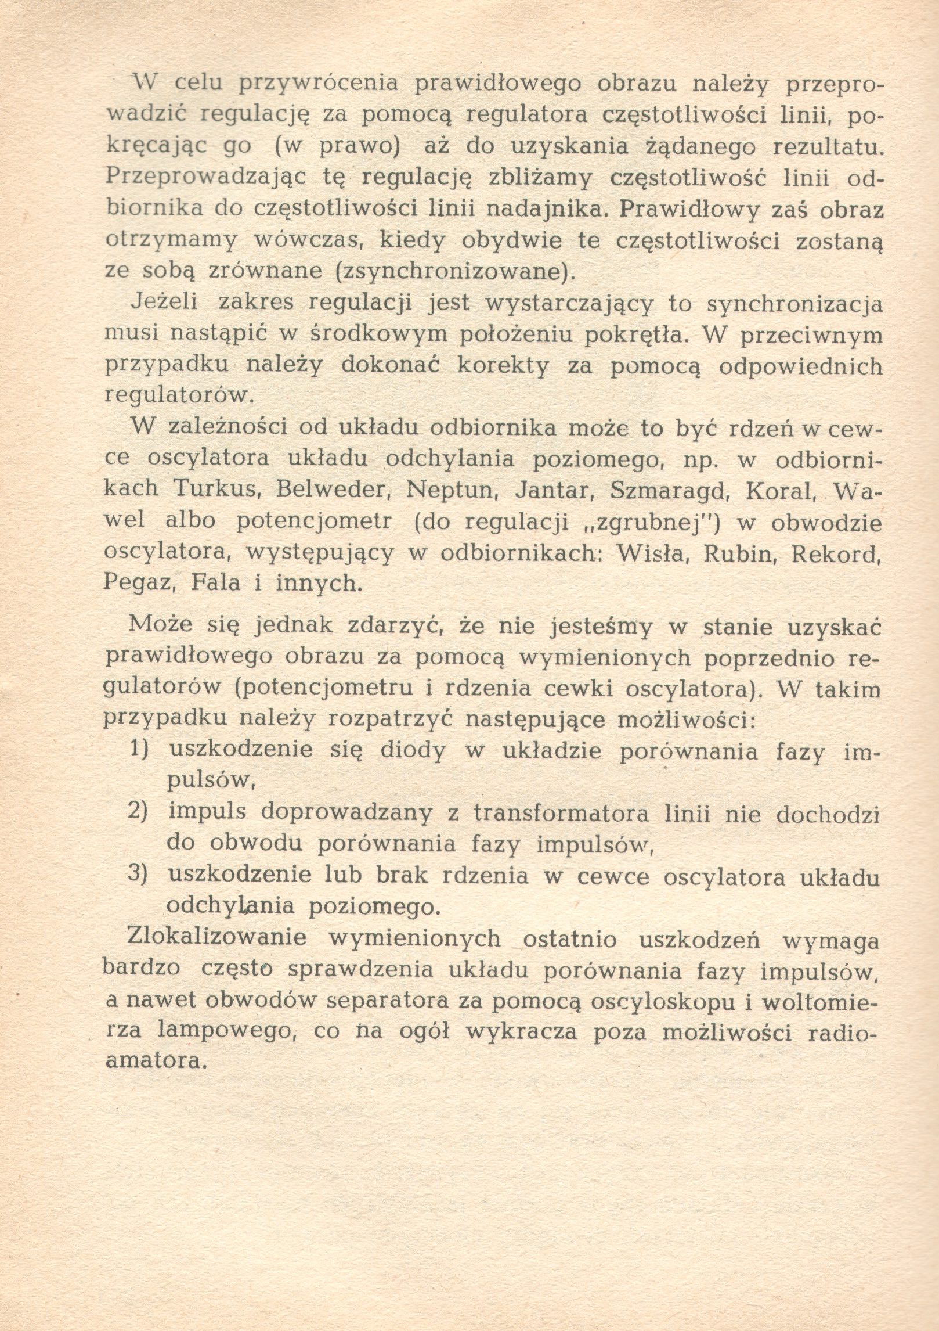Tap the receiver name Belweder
333,488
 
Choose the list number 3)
139,876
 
